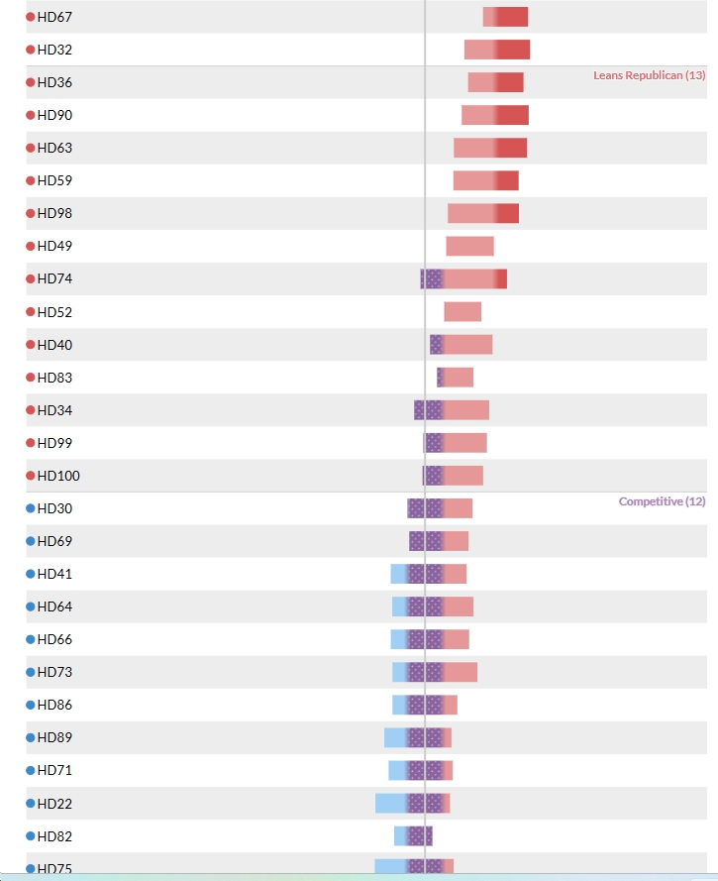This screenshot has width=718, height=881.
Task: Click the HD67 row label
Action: (54, 17)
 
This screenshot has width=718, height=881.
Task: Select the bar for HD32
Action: (497, 50)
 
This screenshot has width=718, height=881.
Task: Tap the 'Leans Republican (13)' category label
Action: (649, 75)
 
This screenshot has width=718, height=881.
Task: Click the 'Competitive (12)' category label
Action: (662, 501)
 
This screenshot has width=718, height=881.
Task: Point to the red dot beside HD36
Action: (31, 82)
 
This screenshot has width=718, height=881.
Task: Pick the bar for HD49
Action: (469, 246)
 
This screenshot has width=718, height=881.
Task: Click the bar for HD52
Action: (462, 312)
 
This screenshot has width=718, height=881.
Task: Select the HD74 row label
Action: (54, 278)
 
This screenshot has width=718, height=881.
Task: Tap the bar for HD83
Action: (455, 377)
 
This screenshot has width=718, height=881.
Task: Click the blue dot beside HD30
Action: (31, 508)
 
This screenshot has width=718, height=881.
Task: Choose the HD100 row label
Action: (58, 476)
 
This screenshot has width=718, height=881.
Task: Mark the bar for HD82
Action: (413, 836)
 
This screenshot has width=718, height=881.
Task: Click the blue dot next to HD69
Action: (31, 541)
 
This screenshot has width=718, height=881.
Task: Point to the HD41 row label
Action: (54, 574)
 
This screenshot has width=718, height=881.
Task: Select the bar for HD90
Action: (495, 115)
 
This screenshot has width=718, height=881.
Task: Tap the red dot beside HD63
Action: (31, 148)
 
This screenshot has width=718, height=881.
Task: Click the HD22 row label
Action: (54, 804)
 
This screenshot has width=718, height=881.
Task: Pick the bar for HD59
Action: (486, 180)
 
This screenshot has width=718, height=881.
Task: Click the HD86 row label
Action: (54, 705)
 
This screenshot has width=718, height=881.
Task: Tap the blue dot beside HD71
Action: (31, 770)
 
